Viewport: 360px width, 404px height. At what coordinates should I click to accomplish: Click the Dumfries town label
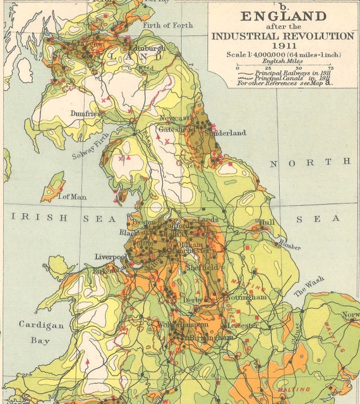pos(86,114)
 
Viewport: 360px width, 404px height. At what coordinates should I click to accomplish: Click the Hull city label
pos(267,223)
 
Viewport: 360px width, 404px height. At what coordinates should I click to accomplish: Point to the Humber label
pos(289,246)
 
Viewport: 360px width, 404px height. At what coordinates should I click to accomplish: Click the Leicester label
pos(243,325)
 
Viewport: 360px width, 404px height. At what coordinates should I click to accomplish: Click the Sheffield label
pos(203,268)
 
